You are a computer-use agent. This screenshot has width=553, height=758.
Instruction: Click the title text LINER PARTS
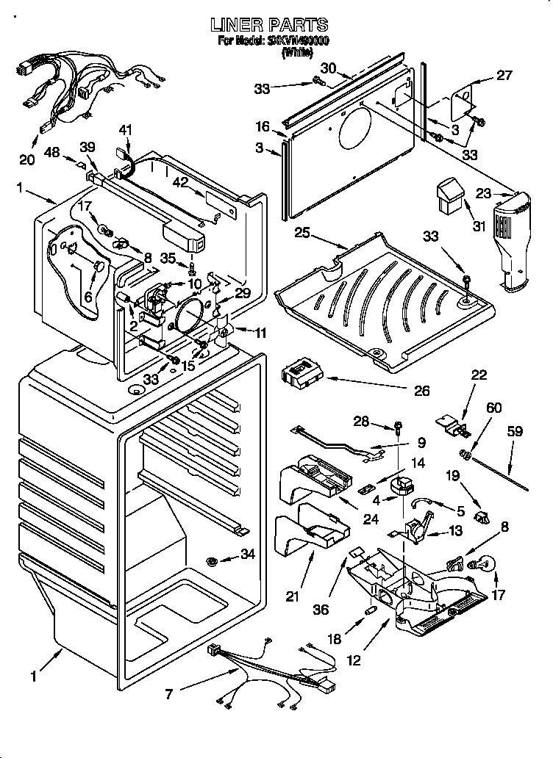(269, 26)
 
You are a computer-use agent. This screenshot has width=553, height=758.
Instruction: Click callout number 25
(301, 234)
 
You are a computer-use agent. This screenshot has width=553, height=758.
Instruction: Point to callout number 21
(293, 596)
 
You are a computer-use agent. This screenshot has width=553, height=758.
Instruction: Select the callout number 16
(263, 127)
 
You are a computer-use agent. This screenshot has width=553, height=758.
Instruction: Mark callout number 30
(328, 68)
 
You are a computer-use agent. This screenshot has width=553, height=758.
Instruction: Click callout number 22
(479, 375)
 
